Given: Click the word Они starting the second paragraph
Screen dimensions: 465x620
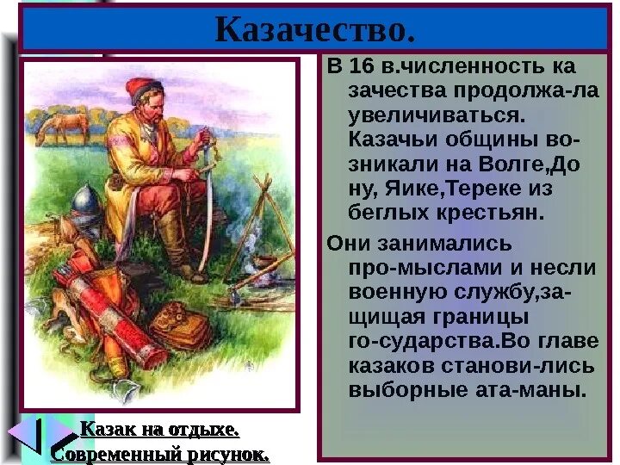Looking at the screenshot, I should [x=349, y=245].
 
